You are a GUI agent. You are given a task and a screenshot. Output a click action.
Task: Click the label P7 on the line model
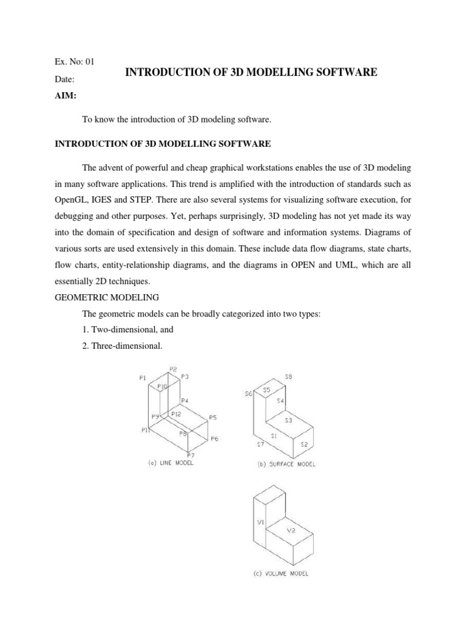(x=191, y=455)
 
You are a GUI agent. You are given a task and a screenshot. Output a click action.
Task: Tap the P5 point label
(x=213, y=417)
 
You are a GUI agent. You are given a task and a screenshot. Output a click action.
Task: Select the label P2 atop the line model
(x=173, y=369)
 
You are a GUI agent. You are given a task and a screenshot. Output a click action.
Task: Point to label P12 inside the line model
(x=176, y=414)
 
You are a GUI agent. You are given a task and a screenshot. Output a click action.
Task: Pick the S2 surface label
(x=305, y=444)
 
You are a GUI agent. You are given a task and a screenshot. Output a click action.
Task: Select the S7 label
(x=260, y=445)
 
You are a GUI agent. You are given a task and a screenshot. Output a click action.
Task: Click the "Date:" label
(x=65, y=80)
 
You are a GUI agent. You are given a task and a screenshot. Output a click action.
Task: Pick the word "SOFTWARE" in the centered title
(x=344, y=72)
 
